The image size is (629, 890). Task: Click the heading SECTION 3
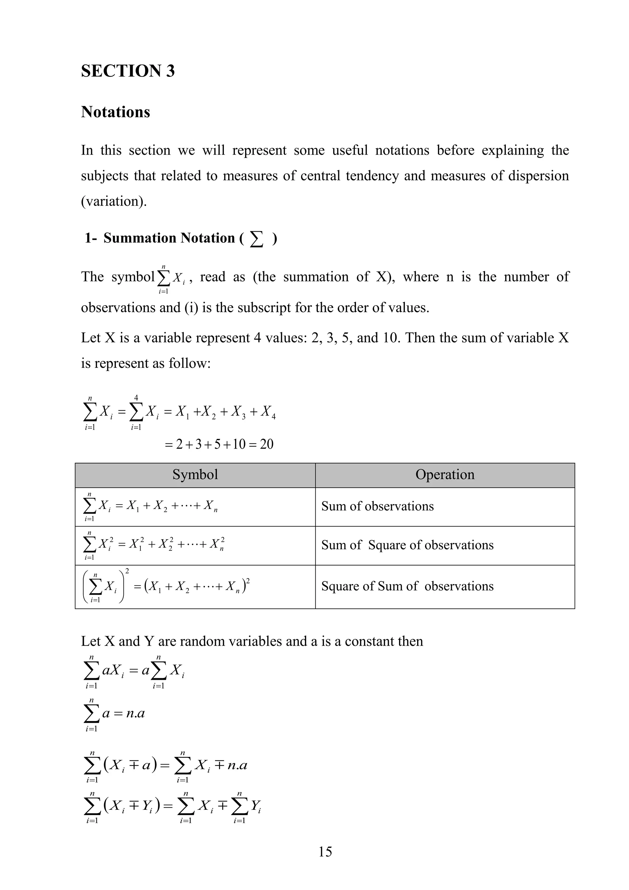click(128, 71)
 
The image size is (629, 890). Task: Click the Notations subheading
click(115, 112)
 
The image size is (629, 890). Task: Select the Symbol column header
click(195, 475)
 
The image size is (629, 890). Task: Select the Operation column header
click(445, 475)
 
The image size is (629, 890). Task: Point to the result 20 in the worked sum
click(267, 444)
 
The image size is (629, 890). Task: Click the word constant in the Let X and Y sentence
click(369, 641)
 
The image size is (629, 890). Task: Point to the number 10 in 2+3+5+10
click(239, 444)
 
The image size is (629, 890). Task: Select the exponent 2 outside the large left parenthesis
click(127, 571)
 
